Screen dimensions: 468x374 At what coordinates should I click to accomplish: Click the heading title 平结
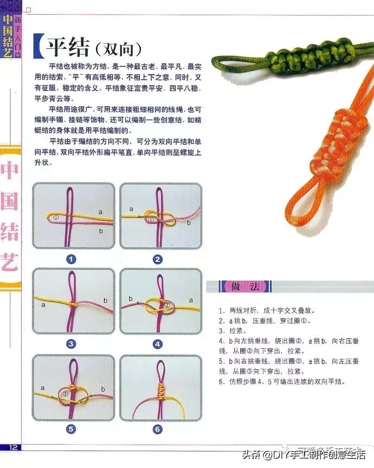point(69,47)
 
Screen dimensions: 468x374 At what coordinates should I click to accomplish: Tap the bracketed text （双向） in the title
point(117,49)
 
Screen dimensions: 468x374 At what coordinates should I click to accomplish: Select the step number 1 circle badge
point(72,259)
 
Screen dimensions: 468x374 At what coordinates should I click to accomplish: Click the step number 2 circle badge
point(158,259)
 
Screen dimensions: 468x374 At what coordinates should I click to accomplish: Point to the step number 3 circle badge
point(72,344)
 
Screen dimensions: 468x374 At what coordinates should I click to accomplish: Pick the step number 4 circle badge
point(158,344)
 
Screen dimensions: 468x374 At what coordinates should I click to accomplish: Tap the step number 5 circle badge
point(72,429)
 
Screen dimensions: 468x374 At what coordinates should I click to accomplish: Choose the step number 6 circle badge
point(158,429)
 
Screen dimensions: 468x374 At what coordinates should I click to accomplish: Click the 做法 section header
point(239,286)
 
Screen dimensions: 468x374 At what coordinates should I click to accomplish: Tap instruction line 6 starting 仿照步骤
point(282,381)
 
